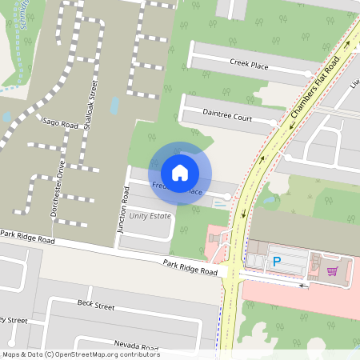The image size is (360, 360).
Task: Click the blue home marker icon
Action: pos(180,172)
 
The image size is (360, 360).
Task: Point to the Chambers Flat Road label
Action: pos(317,87)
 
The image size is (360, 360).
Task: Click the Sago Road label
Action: pos(59,124)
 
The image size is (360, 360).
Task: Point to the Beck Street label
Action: pos(96,306)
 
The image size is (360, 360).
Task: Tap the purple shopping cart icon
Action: pos(331,271)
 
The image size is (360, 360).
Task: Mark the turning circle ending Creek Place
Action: pos(308,74)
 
